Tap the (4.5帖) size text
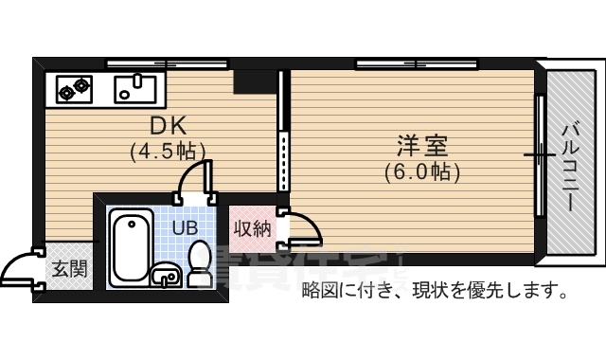[x=168, y=150]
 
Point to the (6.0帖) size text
[x=422, y=172]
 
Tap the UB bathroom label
[x=184, y=227]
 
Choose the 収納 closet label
[x=253, y=228]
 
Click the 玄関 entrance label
[x=69, y=268]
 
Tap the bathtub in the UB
[x=131, y=247]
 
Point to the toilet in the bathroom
[x=200, y=262]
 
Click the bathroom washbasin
[x=166, y=276]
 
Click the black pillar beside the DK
[x=252, y=81]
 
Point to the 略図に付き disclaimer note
[x=434, y=290]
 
